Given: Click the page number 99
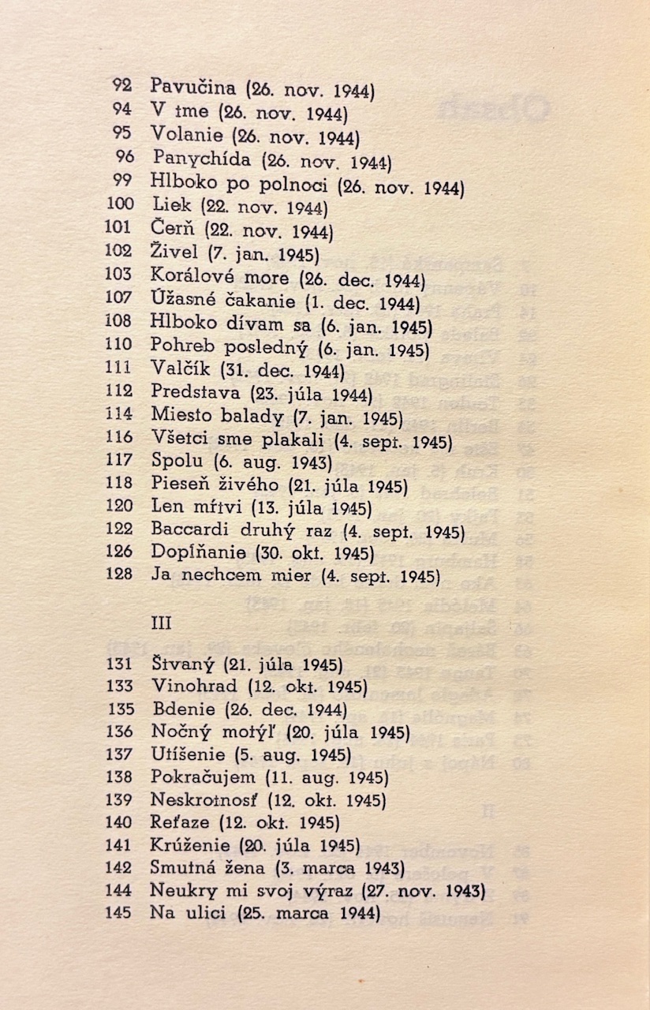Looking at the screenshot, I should [x=123, y=181].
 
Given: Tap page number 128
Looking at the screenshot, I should [x=119, y=574].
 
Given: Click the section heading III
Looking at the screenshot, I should [x=161, y=623].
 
